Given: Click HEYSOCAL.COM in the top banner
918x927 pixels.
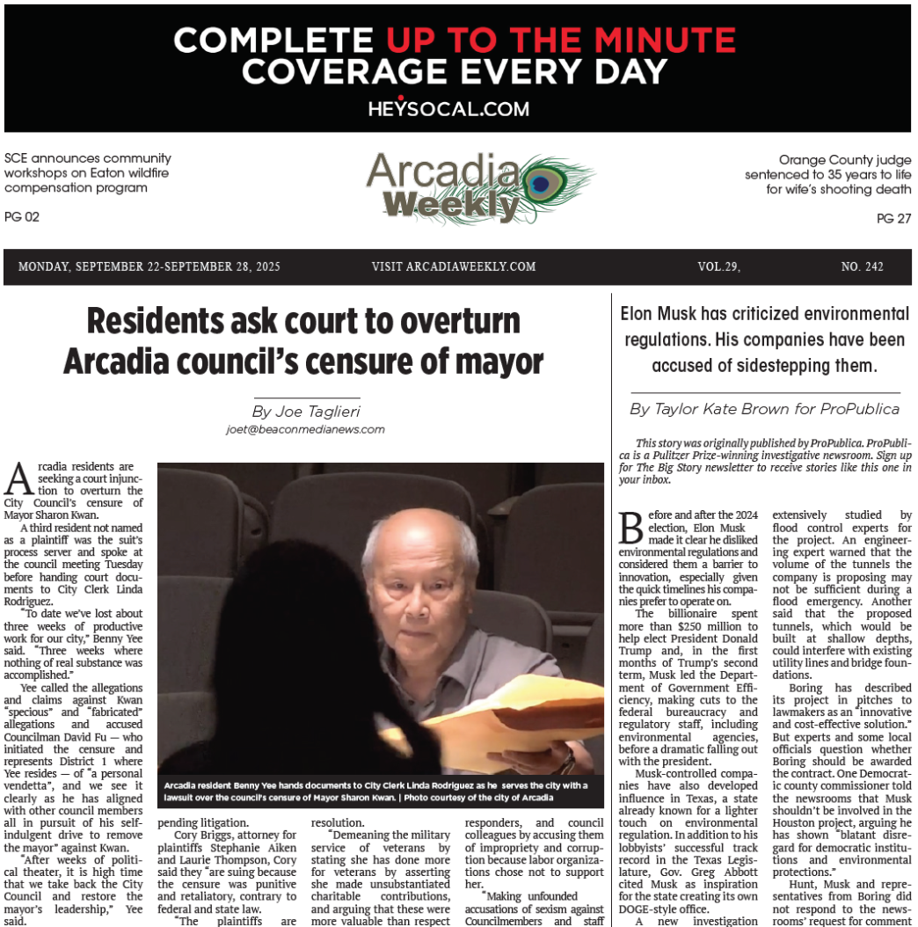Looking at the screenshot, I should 448,109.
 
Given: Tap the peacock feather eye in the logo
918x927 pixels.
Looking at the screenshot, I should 544,182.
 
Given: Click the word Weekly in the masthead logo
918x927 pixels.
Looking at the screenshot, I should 452,205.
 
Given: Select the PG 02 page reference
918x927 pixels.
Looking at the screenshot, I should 22,216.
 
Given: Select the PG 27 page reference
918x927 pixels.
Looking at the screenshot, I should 893,219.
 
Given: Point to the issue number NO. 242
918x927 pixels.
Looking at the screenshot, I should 862,266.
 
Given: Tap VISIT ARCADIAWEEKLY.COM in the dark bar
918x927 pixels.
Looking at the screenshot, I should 453,266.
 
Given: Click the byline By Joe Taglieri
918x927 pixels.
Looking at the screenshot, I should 305,411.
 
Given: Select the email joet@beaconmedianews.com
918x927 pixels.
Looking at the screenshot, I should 305,429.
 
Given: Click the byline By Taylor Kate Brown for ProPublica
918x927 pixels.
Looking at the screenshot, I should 764,409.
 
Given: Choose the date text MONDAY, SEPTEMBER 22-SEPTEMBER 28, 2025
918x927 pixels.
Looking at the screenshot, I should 149,266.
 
